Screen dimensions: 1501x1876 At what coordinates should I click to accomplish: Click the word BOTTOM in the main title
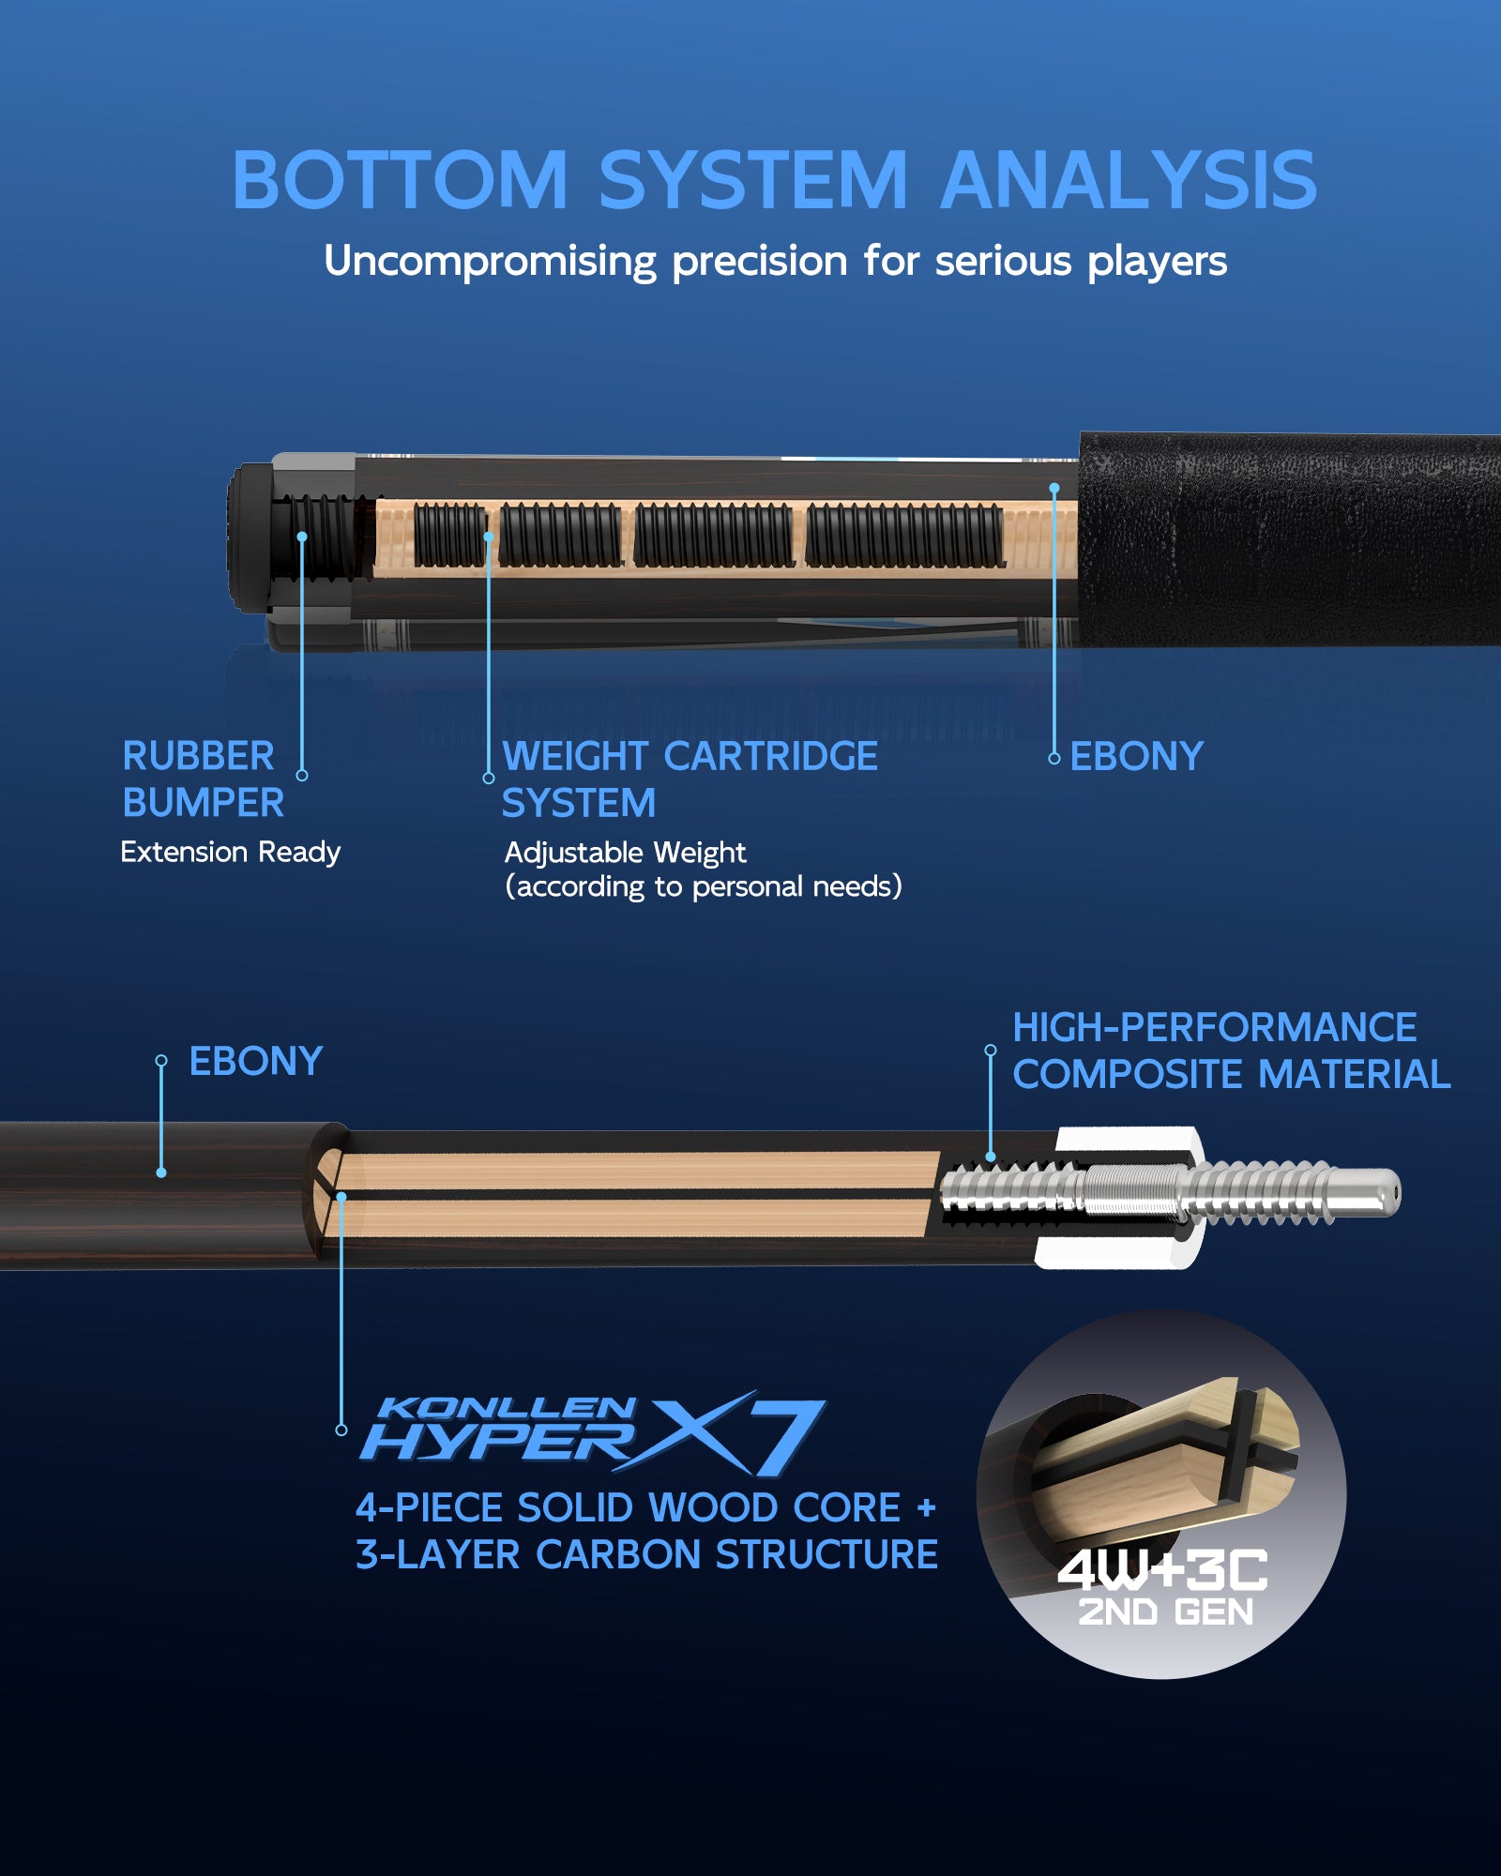pyautogui.click(x=401, y=180)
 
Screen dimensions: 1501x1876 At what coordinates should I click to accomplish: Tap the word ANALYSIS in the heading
pyautogui.click(x=1129, y=180)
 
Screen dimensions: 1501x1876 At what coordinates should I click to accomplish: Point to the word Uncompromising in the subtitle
pyautogui.click(x=490, y=262)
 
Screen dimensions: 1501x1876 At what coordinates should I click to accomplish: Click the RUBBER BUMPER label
pyautogui.click(x=203, y=779)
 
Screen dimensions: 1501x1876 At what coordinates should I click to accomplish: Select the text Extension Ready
pyautogui.click(x=230, y=853)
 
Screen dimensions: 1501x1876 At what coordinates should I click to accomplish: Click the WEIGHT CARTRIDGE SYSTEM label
pyautogui.click(x=690, y=779)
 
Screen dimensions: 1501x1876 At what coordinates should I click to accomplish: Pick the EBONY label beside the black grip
pyautogui.click(x=1136, y=757)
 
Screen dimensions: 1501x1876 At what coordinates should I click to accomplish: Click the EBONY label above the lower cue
pyautogui.click(x=256, y=1062)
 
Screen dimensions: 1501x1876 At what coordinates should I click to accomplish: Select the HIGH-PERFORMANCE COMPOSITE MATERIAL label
pyautogui.click(x=1232, y=1051)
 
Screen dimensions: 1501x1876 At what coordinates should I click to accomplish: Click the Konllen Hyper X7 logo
pyautogui.click(x=593, y=1432)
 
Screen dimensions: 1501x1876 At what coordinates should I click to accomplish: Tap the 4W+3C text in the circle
pyautogui.click(x=1163, y=1569)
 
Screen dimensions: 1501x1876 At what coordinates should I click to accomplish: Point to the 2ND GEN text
pyautogui.click(x=1165, y=1612)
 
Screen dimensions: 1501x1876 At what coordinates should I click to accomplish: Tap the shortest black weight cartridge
pyautogui.click(x=450, y=536)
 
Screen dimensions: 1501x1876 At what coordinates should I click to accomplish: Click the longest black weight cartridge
pyautogui.click(x=905, y=536)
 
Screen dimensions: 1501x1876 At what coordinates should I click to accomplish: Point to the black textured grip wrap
pyautogui.click(x=1290, y=539)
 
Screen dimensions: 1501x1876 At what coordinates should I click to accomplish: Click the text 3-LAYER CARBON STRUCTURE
pyautogui.click(x=646, y=1555)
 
